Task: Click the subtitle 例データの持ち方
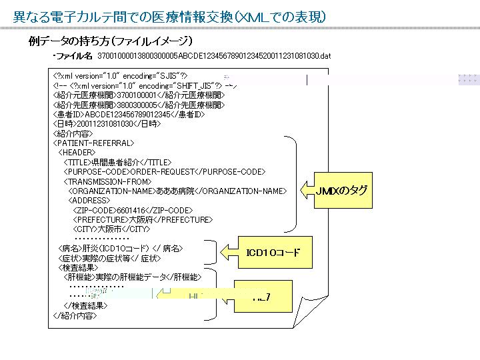pyautogui.click(x=110, y=41)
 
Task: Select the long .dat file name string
pyautogui.click(x=214, y=55)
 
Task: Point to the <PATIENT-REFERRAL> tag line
pyautogui.click(x=93, y=143)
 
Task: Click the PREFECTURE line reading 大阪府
pyautogui.click(x=143, y=219)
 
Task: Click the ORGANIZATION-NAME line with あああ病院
pyautogui.click(x=177, y=191)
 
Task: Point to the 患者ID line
pyautogui.click(x=128, y=114)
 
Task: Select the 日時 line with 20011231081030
pyautogui.click(x=107, y=123)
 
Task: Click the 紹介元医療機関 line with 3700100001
pyautogui.click(x=139, y=95)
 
